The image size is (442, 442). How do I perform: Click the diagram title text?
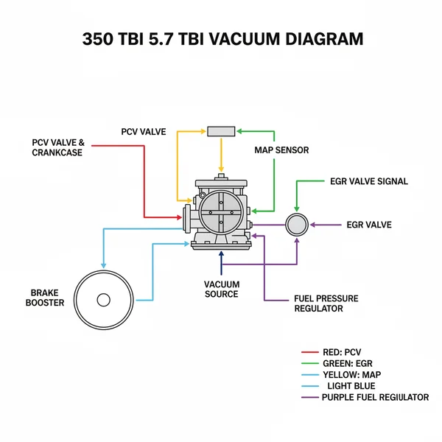(221, 39)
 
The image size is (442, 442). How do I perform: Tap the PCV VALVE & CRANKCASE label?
(58, 147)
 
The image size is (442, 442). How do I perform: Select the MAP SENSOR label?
(281, 150)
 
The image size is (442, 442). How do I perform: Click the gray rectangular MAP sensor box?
(221, 130)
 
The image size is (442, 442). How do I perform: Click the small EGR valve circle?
(297, 224)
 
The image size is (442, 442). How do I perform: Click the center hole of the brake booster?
(104, 300)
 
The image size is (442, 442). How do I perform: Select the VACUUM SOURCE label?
(221, 289)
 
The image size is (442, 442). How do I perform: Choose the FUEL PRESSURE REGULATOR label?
(326, 304)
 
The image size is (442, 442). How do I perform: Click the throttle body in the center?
(220, 212)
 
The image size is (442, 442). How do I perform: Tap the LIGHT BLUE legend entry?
(350, 386)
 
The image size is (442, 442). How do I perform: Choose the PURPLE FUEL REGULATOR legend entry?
(374, 397)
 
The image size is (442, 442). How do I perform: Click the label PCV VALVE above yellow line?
(144, 132)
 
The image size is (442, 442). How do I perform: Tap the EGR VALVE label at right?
(368, 225)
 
